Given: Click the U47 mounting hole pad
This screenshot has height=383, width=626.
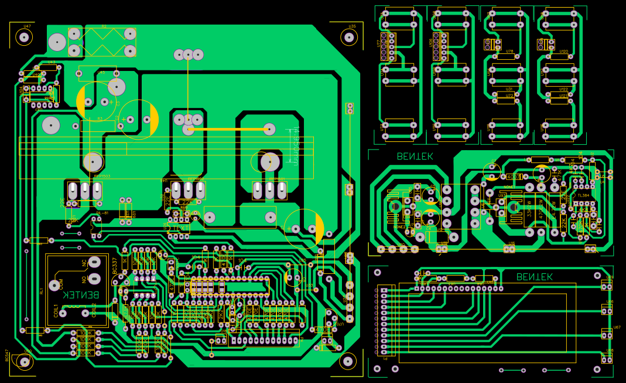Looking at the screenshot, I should pos(24,37).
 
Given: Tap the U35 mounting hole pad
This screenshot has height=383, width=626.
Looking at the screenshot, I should pos(350,37).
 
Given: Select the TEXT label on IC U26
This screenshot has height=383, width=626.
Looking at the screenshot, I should pos(181,228).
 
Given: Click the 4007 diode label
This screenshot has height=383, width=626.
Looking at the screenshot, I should pos(513,177).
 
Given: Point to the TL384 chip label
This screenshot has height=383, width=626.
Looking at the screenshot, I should pos(583,195).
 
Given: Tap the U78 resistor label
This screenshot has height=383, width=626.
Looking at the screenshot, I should pos(509,52).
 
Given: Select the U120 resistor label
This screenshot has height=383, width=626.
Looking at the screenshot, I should pos(563,52).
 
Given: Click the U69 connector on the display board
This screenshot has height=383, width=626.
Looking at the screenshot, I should pos(607,286).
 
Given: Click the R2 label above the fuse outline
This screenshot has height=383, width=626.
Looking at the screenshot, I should pos(104,26).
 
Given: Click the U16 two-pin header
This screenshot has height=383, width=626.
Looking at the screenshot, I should pos(510,249).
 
